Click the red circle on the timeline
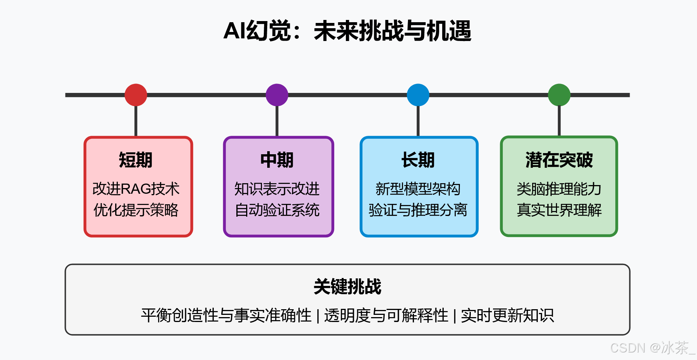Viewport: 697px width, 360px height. tap(136, 95)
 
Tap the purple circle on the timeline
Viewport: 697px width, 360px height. tap(277, 95)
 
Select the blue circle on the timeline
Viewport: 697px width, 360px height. tap(418, 95)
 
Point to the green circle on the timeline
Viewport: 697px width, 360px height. tap(559, 95)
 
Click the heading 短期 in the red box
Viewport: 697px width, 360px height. tap(136, 160)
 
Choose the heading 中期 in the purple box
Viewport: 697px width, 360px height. tap(277, 160)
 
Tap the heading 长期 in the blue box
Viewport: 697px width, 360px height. tap(418, 160)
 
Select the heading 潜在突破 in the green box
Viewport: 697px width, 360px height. tap(559, 160)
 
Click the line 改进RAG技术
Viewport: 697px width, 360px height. tap(136, 189)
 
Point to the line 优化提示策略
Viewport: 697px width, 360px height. tap(136, 210)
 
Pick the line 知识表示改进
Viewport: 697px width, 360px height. tap(277, 189)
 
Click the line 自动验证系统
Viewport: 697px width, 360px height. tap(277, 210)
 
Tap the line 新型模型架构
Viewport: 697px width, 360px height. tap(418, 189)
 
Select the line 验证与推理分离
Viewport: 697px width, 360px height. tap(418, 210)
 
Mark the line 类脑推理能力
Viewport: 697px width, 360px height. tap(559, 189)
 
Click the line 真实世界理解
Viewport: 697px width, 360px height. tap(559, 210)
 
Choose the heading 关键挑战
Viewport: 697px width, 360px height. tap(347, 287)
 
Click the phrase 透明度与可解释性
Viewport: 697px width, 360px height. tap(386, 315)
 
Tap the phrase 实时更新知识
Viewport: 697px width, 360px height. tap(507, 315)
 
